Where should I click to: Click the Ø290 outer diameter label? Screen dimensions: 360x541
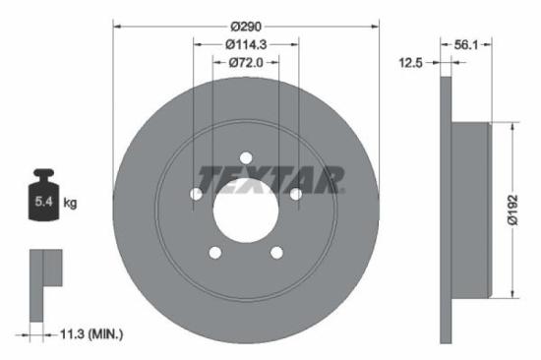pos(247,27)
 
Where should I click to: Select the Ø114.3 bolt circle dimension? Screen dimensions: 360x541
pos(247,44)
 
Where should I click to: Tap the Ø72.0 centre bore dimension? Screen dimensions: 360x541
pos(247,62)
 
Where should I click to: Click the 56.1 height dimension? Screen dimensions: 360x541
pos(468,44)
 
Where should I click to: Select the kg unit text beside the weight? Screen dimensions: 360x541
pos(71,203)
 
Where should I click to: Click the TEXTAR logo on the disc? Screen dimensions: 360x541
pos(271,179)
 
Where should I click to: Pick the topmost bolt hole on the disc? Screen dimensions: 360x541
pos(246,157)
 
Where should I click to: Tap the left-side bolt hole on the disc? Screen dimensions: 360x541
pos(197,194)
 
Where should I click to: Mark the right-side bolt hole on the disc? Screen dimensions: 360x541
pos(295,194)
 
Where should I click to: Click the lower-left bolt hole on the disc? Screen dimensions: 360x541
pos(215,253)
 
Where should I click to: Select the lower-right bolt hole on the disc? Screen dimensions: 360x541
pos(276,253)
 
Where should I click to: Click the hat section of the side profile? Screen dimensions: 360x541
pos(468,209)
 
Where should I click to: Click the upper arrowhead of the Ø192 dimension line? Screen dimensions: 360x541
pos(513,126)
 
